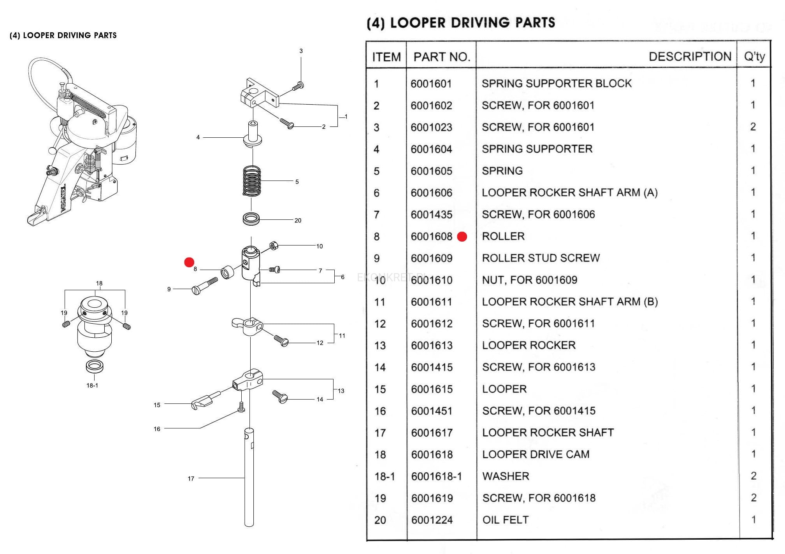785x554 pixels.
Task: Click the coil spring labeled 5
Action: [x=252, y=181]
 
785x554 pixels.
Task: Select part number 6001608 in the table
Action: [x=431, y=237]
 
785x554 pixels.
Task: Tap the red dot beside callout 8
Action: [x=189, y=262]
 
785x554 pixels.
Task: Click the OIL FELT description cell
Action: [x=505, y=520]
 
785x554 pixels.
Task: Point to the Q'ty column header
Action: [x=754, y=57]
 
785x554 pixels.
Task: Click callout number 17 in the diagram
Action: [x=191, y=479]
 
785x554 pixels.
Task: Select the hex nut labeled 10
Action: [x=274, y=246]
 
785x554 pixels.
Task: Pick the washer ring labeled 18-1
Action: [x=94, y=366]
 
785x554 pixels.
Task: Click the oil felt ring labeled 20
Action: [x=251, y=218]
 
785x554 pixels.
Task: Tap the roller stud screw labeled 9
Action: [x=205, y=286]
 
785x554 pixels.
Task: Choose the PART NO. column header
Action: [x=441, y=57]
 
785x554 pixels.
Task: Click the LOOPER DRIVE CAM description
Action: [x=536, y=454]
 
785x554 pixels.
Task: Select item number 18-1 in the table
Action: [x=384, y=476]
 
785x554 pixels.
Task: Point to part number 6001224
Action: [x=432, y=520]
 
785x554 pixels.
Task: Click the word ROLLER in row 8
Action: [x=503, y=236]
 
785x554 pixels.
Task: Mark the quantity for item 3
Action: [x=753, y=127]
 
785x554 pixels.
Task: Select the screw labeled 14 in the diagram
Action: [x=280, y=397]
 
